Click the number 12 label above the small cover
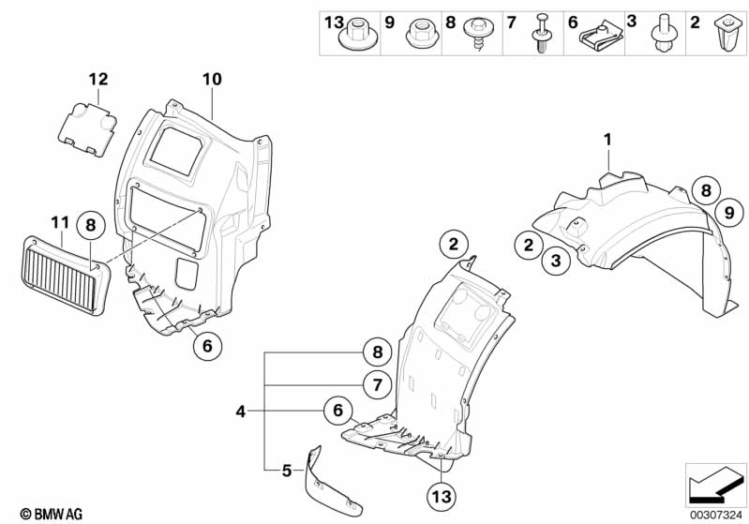tap(99, 80)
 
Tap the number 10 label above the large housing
tap(212, 80)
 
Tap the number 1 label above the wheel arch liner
tap(607, 141)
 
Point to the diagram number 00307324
tap(716, 514)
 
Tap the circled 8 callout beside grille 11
tap(91, 225)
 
